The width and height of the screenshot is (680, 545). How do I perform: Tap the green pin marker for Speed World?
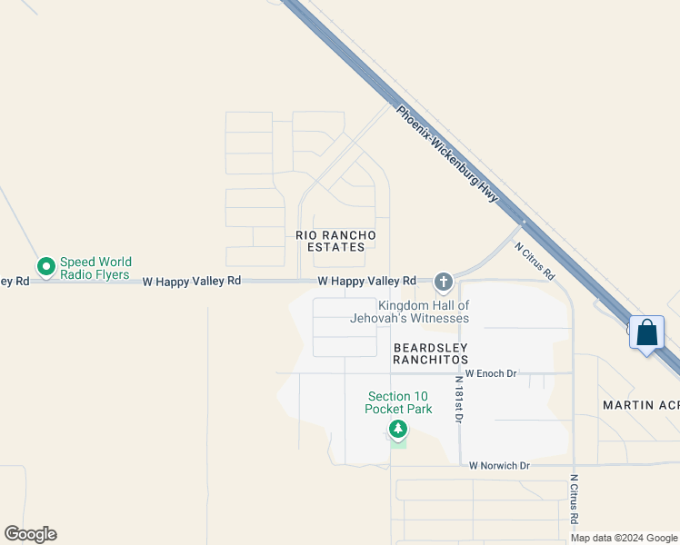click(45, 266)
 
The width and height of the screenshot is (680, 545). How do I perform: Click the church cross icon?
click(444, 282)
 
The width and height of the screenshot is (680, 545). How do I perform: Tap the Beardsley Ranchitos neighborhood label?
click(430, 353)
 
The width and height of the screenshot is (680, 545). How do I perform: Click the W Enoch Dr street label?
click(490, 373)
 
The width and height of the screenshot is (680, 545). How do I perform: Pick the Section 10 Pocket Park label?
click(398, 402)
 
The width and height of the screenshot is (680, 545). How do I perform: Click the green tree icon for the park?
click(397, 428)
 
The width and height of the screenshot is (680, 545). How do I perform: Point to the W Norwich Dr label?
click(499, 466)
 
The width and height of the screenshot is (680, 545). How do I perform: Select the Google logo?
click(31, 534)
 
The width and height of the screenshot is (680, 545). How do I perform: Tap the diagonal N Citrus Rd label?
click(535, 260)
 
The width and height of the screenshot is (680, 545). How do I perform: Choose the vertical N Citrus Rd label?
click(575, 500)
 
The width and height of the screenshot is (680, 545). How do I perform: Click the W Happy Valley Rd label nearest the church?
click(366, 282)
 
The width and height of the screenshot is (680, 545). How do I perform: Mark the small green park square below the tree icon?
click(398, 442)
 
